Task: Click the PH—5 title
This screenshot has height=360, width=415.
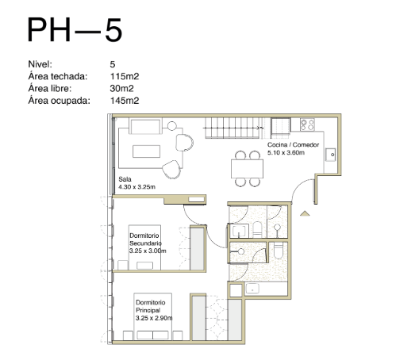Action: point(75,29)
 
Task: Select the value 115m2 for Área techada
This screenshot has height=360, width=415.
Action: point(125,76)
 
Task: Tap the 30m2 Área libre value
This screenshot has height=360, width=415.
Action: point(121,88)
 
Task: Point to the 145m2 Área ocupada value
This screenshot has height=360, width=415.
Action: point(125,101)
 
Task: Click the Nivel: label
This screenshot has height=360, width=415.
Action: point(40,64)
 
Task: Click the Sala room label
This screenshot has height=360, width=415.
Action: point(125,179)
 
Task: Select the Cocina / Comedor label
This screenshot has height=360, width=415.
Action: point(293,144)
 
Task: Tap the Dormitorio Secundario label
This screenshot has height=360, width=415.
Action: point(145,239)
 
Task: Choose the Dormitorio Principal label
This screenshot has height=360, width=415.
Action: point(150,306)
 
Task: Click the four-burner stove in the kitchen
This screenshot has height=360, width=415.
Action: point(307,124)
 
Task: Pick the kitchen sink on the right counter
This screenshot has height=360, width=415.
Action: point(331,155)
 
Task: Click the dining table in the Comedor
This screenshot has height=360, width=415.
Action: point(247,169)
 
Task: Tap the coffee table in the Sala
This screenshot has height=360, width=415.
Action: point(146,151)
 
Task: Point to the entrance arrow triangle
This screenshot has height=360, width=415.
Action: point(305,213)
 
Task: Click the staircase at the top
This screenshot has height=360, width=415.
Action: point(233,128)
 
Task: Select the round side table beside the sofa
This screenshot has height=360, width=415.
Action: point(171,126)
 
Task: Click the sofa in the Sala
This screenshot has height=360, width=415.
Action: point(145,126)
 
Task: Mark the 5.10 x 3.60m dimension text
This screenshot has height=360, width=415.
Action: point(286,152)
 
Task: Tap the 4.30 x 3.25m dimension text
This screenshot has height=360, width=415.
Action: point(136,187)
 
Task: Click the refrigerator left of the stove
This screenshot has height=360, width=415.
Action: point(281,127)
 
